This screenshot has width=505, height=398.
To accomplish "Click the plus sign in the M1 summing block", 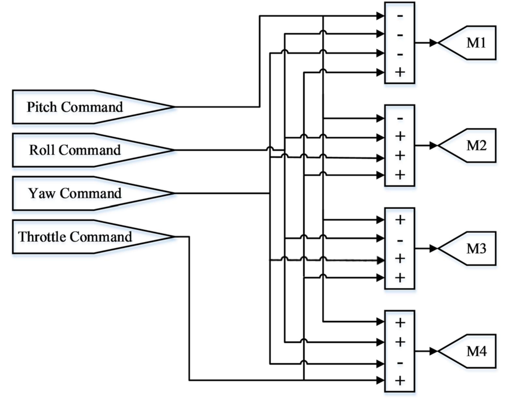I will [400, 72].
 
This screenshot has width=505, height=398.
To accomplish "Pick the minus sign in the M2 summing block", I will [400, 118].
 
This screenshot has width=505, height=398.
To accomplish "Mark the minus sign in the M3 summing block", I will [400, 241].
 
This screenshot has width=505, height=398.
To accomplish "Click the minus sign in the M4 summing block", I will [400, 363].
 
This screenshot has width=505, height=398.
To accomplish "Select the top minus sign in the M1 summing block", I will [400, 16].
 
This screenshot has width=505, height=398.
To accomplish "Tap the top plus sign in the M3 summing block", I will [400, 220].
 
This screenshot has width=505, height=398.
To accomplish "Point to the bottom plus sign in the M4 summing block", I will [400, 380].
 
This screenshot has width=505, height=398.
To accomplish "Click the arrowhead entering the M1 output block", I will [433, 43].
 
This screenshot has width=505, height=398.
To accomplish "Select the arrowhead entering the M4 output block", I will [433, 351].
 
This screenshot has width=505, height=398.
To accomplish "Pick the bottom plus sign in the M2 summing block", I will [400, 175].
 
